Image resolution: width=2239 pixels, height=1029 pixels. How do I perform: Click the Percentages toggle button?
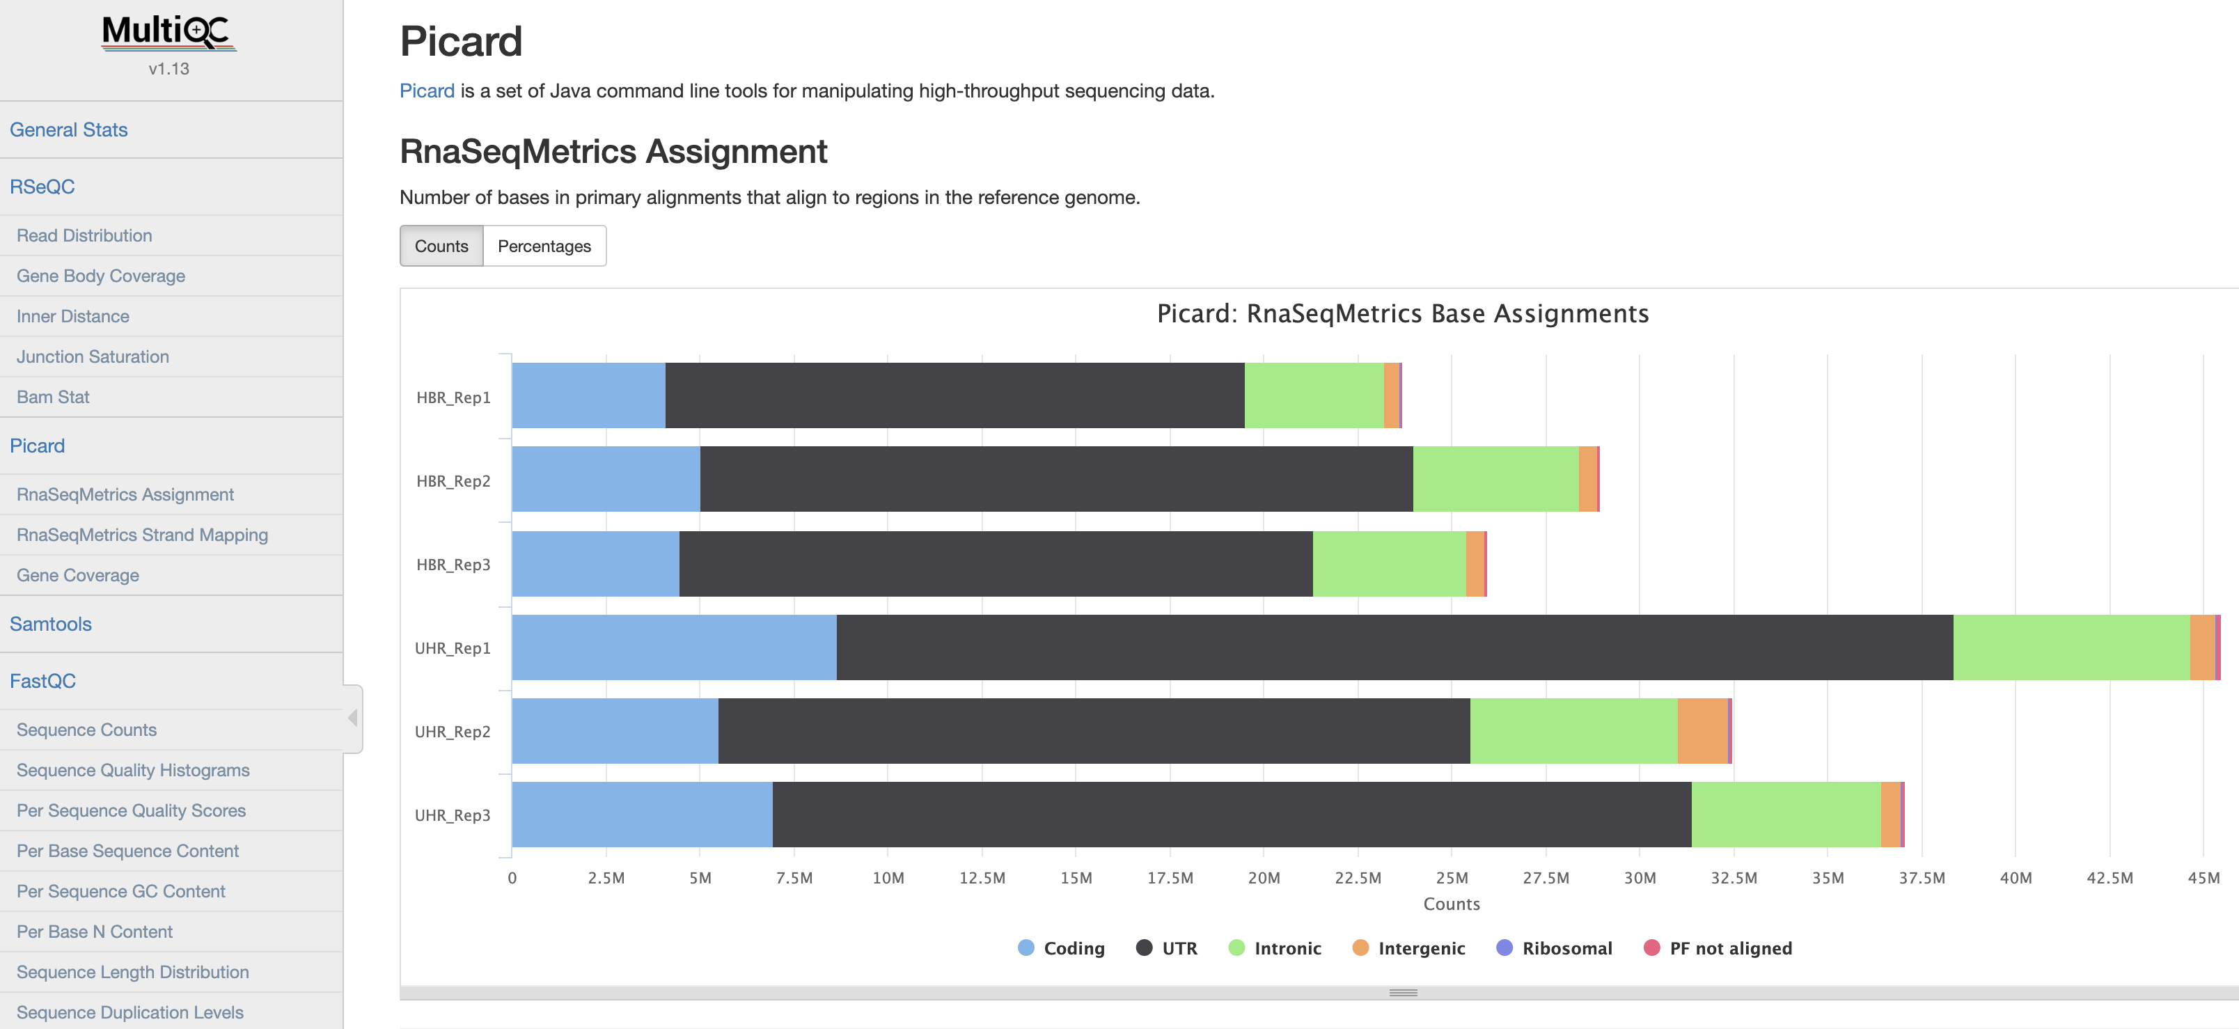(544, 246)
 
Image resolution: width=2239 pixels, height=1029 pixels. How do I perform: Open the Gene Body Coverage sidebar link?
(101, 276)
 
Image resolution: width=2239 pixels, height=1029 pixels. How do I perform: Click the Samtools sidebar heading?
(50, 624)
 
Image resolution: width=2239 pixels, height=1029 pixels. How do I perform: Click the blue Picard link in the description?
(427, 91)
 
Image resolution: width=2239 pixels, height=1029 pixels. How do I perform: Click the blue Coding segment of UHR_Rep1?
(674, 647)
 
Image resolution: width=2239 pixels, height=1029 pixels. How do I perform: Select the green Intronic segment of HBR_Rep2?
(1495, 480)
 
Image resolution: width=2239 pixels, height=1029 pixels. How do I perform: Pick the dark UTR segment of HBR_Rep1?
(954, 395)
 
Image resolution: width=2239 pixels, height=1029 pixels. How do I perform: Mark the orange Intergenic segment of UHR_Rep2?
(1702, 731)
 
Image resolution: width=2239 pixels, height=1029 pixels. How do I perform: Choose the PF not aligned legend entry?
(1718, 948)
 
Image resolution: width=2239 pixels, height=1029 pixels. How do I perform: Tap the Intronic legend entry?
(1275, 948)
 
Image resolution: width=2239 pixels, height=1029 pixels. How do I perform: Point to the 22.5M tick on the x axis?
(1358, 878)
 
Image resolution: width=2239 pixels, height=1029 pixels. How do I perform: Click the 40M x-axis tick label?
(2016, 878)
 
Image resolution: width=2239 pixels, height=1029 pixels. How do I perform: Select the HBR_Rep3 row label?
(453, 565)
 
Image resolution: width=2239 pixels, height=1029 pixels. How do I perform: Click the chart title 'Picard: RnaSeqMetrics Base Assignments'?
(1403, 314)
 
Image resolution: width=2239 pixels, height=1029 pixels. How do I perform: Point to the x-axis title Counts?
(1452, 904)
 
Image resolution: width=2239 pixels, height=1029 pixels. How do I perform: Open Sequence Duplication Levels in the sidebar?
(130, 1012)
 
